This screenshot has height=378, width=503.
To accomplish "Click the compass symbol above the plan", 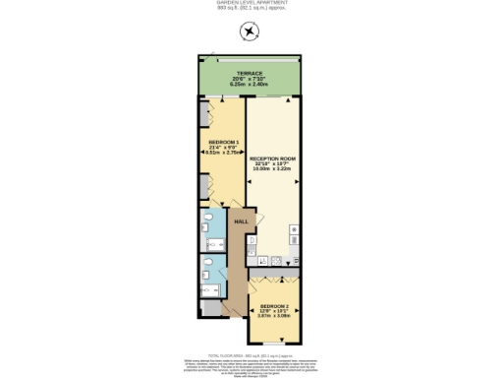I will [x=251, y=31].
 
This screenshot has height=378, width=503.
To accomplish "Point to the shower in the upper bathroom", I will [x=206, y=220].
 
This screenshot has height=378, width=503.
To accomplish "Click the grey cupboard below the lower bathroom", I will [x=210, y=309].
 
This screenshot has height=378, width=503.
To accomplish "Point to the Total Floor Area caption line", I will [x=251, y=351].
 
